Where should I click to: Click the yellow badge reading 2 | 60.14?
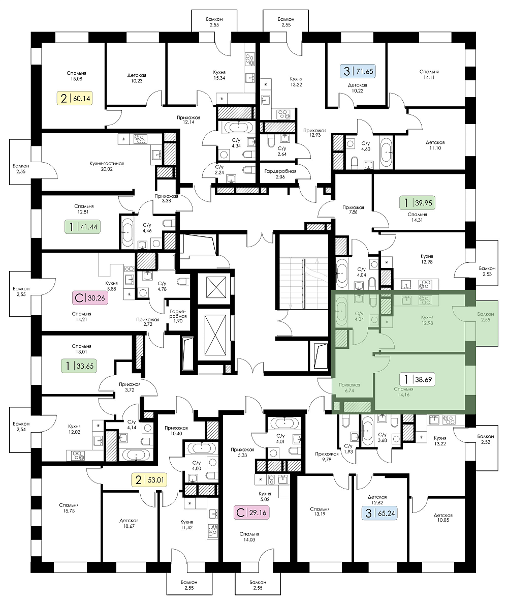click(x=75, y=98)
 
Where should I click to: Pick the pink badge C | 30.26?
click(x=90, y=297)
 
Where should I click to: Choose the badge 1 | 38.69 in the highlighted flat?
click(x=417, y=380)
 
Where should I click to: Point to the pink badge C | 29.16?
click(x=251, y=512)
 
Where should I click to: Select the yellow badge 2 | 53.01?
click(x=149, y=480)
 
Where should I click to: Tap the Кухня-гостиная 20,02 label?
click(x=107, y=166)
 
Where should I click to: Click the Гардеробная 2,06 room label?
click(x=280, y=174)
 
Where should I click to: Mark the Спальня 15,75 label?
click(x=69, y=508)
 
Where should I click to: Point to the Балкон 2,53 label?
click(x=487, y=271)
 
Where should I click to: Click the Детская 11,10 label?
click(x=435, y=145)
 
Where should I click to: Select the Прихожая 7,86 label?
click(x=353, y=209)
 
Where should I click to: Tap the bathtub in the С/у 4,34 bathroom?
click(x=238, y=127)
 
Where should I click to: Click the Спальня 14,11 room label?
click(x=429, y=74)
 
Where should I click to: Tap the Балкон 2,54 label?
click(x=21, y=427)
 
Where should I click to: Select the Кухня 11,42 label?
click(x=186, y=525)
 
